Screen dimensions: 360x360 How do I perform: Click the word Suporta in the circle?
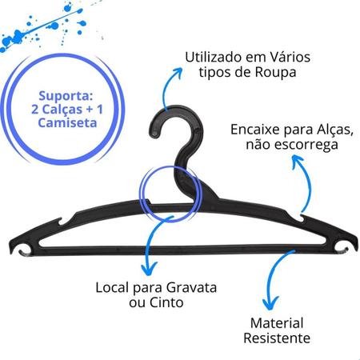point(66,96)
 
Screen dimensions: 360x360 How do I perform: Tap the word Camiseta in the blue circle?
point(67,123)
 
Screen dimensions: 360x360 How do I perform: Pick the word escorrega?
point(306,145)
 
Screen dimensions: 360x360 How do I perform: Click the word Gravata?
point(191,288)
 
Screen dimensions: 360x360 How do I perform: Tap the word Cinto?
point(166,302)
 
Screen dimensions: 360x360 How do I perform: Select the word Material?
point(277,323)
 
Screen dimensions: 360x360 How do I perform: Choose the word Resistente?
point(277,338)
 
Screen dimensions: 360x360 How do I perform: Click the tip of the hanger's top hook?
point(154,134)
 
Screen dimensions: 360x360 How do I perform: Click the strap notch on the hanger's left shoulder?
point(63,222)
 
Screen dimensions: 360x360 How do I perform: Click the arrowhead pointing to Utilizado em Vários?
point(177,72)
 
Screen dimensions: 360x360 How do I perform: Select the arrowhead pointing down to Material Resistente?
point(270,303)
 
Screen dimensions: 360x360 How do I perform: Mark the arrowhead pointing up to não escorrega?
point(297,161)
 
